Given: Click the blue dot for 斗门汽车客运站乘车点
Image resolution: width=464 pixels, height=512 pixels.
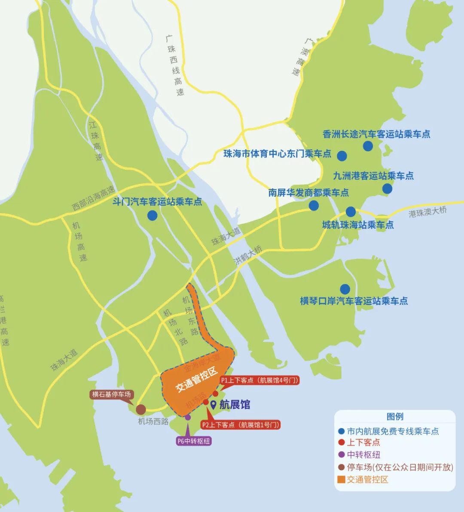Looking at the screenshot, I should [x=152, y=215].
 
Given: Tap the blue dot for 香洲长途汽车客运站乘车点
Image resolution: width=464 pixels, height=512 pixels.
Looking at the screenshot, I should [x=368, y=146].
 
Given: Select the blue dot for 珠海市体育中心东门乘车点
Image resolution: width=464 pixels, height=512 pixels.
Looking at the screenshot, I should [x=342, y=156].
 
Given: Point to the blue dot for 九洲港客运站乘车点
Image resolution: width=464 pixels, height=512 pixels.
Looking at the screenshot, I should [x=387, y=188].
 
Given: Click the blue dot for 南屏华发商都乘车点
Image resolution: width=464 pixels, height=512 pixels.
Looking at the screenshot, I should [x=314, y=205].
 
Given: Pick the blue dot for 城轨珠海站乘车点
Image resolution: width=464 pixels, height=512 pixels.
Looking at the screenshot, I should [x=351, y=212].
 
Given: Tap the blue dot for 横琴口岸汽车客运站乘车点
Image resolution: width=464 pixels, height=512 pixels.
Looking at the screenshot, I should [x=345, y=289].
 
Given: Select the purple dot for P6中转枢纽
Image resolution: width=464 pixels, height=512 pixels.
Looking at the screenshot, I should [x=188, y=417].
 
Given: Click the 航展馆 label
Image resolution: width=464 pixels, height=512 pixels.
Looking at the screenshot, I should [x=234, y=405].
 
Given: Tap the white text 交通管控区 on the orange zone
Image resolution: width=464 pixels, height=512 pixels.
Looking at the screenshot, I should [x=198, y=380].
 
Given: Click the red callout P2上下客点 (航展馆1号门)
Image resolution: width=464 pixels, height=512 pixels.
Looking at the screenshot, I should [x=241, y=425].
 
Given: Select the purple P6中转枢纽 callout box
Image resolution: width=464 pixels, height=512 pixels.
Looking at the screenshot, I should [x=194, y=441].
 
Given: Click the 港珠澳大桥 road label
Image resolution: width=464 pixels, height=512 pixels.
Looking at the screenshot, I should [x=428, y=212].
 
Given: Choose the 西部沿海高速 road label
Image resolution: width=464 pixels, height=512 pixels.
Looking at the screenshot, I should [x=94, y=198].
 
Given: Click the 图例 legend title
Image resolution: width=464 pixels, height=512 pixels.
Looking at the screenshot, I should [x=395, y=417].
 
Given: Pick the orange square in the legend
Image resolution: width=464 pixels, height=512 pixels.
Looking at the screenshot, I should [x=341, y=479].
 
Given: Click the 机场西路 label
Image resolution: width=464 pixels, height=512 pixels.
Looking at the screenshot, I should [x=153, y=421].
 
